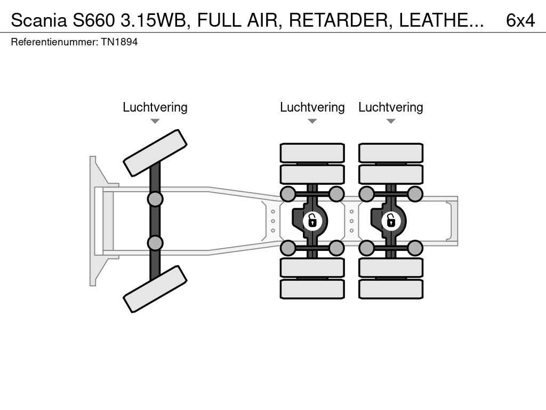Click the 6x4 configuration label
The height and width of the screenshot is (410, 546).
pos(520,20)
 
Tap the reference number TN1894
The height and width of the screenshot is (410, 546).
pos(119,42)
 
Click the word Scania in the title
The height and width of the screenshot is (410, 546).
pos(39,20)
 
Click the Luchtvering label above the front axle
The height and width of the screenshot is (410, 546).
pos(155,107)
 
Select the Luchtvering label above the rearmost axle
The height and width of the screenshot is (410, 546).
pos(390,107)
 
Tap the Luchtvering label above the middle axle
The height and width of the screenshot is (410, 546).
pos(312,107)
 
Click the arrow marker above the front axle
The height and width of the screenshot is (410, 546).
pos(155,121)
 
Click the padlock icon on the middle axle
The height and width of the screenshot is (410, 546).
pos(312,220)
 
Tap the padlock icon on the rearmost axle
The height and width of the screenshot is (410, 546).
pos(391,220)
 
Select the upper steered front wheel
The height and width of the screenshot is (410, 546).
pos(155,153)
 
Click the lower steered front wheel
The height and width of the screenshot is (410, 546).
pos(155,289)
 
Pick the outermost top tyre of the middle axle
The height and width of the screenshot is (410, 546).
pos(312,153)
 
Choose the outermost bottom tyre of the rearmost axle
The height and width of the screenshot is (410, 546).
pos(391,289)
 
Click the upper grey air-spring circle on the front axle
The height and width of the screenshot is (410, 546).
pos(155,199)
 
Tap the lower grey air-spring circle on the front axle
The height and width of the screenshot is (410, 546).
pos(155,243)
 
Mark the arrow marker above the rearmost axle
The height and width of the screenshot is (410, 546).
pos(390,121)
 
